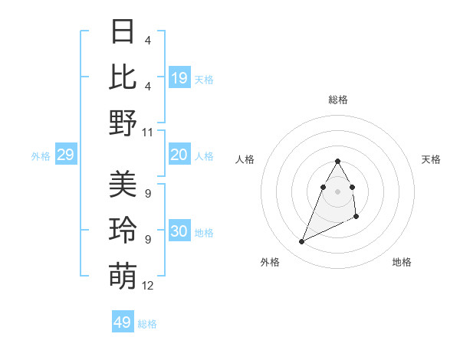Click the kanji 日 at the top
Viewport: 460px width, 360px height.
click(123, 32)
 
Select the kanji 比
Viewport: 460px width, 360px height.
click(123, 77)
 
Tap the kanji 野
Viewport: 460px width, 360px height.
click(123, 122)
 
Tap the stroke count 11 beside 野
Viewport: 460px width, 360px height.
click(148, 132)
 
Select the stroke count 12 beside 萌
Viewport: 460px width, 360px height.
click(148, 286)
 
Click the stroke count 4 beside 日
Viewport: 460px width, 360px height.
click(147, 41)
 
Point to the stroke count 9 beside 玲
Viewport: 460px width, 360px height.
click(147, 240)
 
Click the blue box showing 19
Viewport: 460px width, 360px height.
click(179, 78)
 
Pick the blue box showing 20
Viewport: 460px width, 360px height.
click(179, 155)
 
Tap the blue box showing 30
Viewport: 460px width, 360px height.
click(179, 231)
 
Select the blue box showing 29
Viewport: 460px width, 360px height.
click(65, 155)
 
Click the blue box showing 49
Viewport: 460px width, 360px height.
click(123, 322)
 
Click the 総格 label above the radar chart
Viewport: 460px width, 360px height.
click(338, 100)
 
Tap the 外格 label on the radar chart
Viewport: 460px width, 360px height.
click(269, 262)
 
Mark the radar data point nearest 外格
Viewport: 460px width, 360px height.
click(301, 242)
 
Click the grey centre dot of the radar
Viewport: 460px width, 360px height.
click(338, 191)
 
